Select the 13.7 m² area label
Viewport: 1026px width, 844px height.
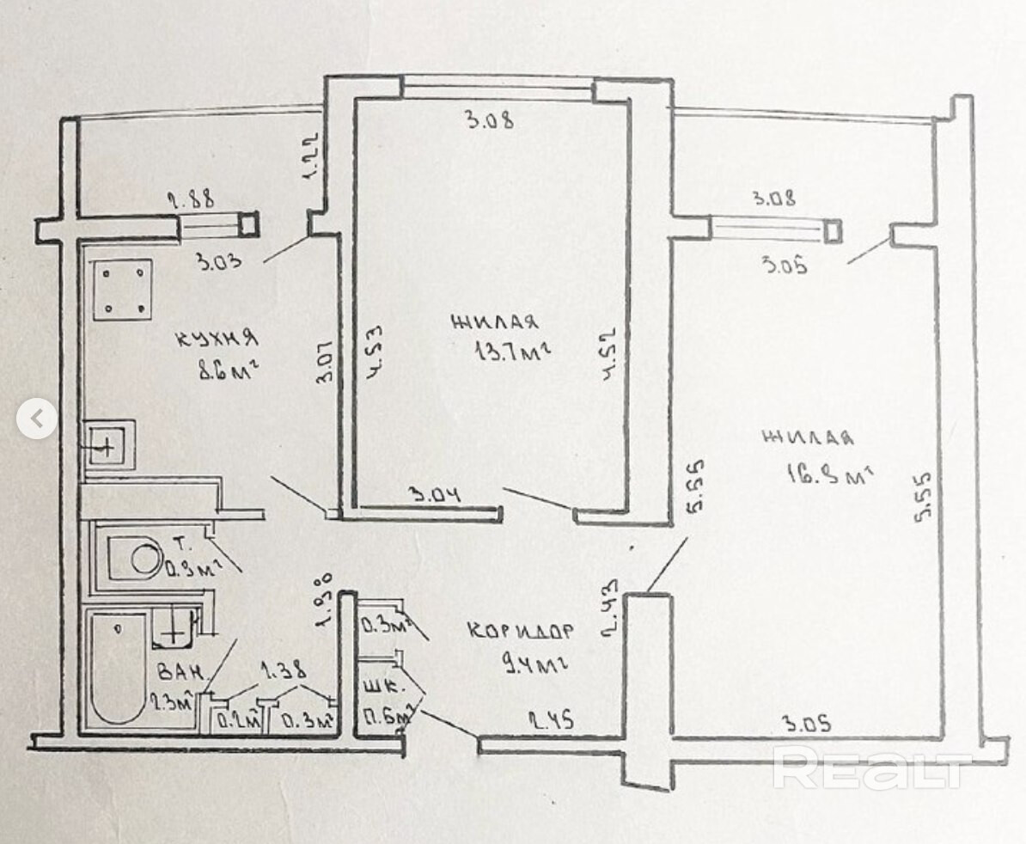click(511, 352)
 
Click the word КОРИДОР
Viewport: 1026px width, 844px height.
click(520, 630)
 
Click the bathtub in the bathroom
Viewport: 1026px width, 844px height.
click(119, 670)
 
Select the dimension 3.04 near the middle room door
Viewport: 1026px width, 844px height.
click(437, 496)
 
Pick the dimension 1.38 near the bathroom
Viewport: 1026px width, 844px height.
click(284, 671)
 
